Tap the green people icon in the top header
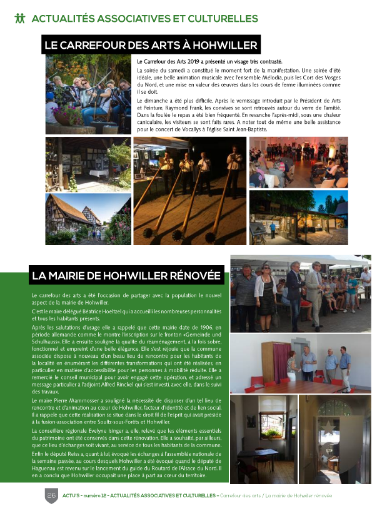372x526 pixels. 20,18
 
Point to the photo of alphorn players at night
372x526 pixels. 189,191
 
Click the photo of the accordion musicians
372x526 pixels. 88,94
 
